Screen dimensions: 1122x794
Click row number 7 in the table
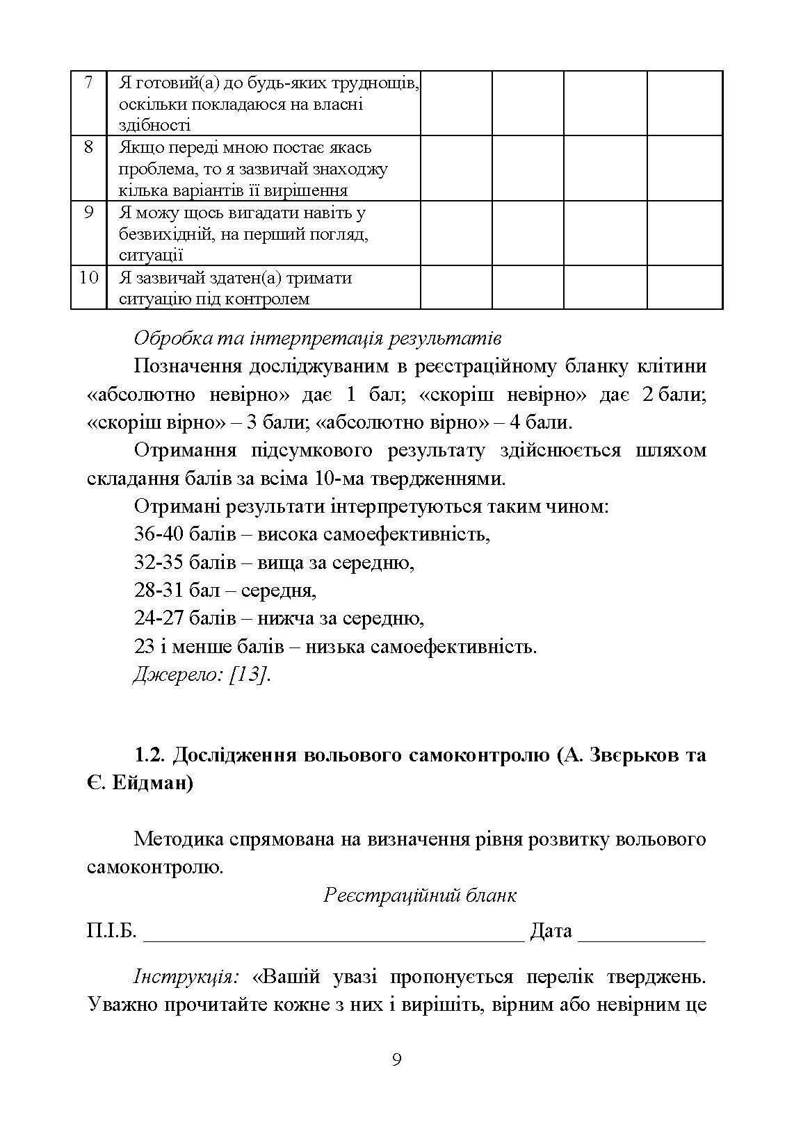(88, 82)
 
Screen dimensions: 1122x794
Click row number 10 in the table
(88, 278)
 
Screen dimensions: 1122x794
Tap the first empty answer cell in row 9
(456, 233)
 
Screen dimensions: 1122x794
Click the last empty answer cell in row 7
(684, 103)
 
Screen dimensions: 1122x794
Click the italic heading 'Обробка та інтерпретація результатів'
(317, 338)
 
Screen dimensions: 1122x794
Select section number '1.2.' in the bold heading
(149, 755)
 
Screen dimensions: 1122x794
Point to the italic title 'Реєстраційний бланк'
(420, 895)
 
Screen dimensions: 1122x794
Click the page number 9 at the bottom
(396, 1059)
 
